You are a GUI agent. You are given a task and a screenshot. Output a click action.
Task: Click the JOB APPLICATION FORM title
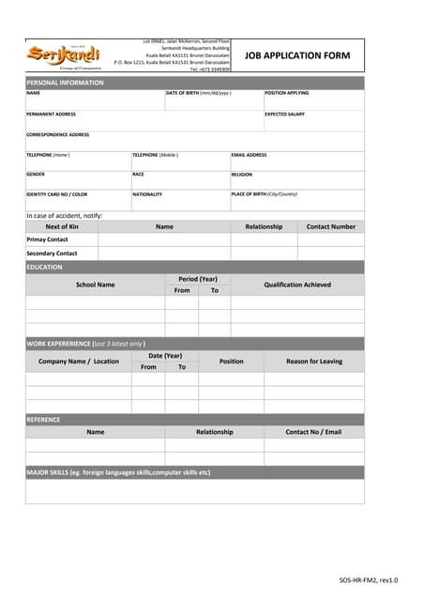point(296,56)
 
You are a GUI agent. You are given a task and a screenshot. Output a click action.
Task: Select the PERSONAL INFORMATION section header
point(65,83)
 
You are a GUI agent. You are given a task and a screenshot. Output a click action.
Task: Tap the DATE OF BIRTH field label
point(198,93)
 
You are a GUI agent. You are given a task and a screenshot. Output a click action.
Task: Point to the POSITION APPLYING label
point(286,93)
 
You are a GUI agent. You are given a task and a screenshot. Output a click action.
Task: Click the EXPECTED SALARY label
point(284,114)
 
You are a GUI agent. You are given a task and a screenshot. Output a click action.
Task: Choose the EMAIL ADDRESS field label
point(249,154)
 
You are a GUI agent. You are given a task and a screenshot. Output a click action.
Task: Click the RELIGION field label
point(242,174)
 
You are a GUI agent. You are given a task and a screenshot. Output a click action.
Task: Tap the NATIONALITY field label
point(147,194)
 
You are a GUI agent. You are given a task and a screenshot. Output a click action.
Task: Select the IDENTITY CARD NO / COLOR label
point(56,194)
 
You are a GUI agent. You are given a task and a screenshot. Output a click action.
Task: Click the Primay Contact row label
point(47,239)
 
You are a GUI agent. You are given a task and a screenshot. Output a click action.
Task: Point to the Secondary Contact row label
point(52,254)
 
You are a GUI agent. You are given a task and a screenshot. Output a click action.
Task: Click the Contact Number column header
point(330,226)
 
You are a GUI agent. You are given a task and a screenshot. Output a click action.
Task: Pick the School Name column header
point(95,285)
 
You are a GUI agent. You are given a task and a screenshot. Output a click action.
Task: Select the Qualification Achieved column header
point(296,285)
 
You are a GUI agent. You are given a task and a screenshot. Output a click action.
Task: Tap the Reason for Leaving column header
point(314,362)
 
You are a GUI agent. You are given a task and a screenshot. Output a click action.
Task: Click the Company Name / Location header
point(79,362)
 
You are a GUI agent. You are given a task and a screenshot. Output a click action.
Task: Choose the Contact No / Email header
point(313,432)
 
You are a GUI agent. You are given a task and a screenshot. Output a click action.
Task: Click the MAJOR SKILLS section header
point(118,472)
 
